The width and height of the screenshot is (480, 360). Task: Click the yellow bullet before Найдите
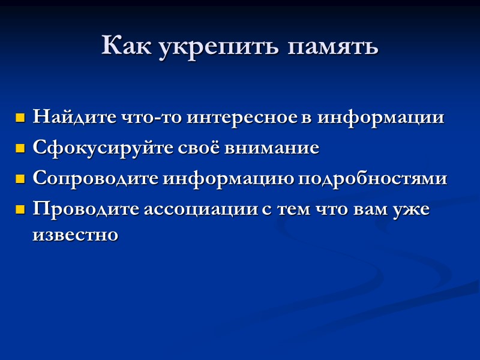click(x=20, y=117)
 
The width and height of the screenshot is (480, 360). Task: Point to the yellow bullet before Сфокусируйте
click(x=20, y=148)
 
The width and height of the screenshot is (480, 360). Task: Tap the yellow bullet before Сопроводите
click(x=20, y=179)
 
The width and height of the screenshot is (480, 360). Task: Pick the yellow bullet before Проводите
click(x=20, y=210)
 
